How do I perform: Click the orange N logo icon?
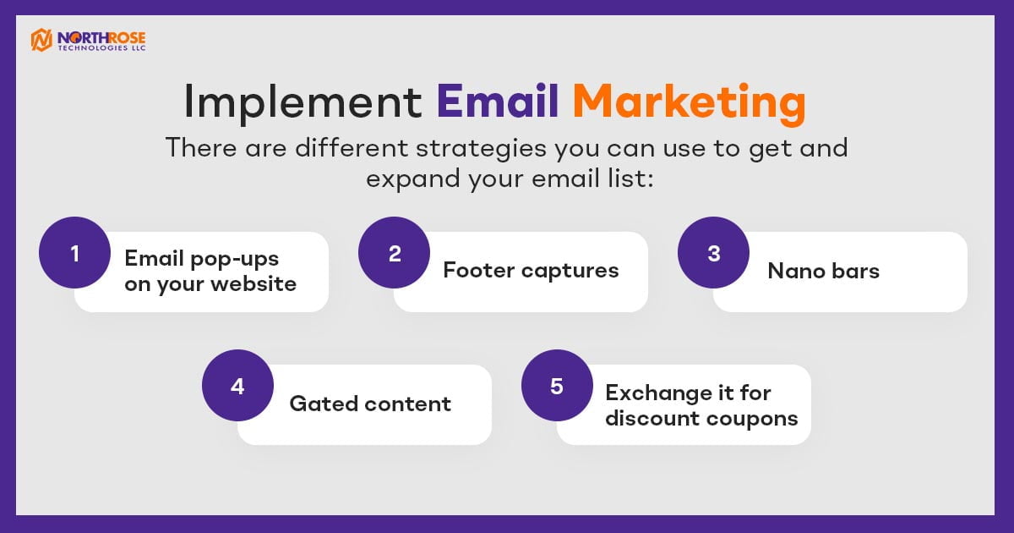(x=41, y=40)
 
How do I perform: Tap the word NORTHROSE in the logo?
(x=101, y=37)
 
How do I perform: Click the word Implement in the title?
(x=303, y=102)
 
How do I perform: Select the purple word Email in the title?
(x=497, y=101)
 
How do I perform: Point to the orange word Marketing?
(x=689, y=104)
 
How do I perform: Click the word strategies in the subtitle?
(x=481, y=149)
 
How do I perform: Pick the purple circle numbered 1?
(x=74, y=252)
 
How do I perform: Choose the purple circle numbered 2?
(x=394, y=252)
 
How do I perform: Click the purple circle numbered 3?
(x=713, y=252)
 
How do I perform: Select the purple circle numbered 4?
(x=237, y=385)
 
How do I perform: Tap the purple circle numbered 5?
(x=557, y=385)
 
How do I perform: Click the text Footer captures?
(x=531, y=271)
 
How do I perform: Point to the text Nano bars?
(x=823, y=271)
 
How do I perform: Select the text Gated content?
(x=370, y=404)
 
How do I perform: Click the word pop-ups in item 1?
(x=235, y=260)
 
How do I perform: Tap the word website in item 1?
(x=253, y=283)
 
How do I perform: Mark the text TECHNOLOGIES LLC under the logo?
(x=101, y=48)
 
